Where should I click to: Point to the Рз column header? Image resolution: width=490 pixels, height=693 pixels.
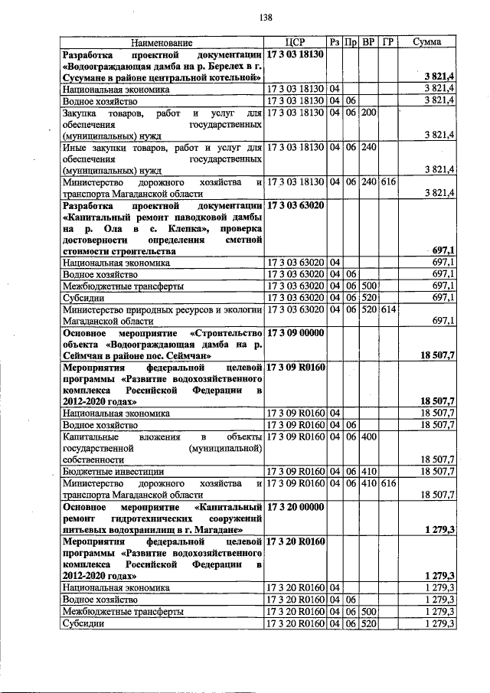(x=335, y=42)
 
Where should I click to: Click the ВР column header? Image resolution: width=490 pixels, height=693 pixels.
(x=369, y=42)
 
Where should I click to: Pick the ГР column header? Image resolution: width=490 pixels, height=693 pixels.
(x=387, y=42)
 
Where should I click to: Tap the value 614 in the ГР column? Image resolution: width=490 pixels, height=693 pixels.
(x=387, y=309)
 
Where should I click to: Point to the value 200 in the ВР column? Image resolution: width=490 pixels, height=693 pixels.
(x=369, y=113)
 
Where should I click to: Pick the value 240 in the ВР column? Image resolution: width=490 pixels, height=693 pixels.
(x=369, y=147)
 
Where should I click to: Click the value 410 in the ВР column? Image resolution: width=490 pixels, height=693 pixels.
(x=369, y=471)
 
